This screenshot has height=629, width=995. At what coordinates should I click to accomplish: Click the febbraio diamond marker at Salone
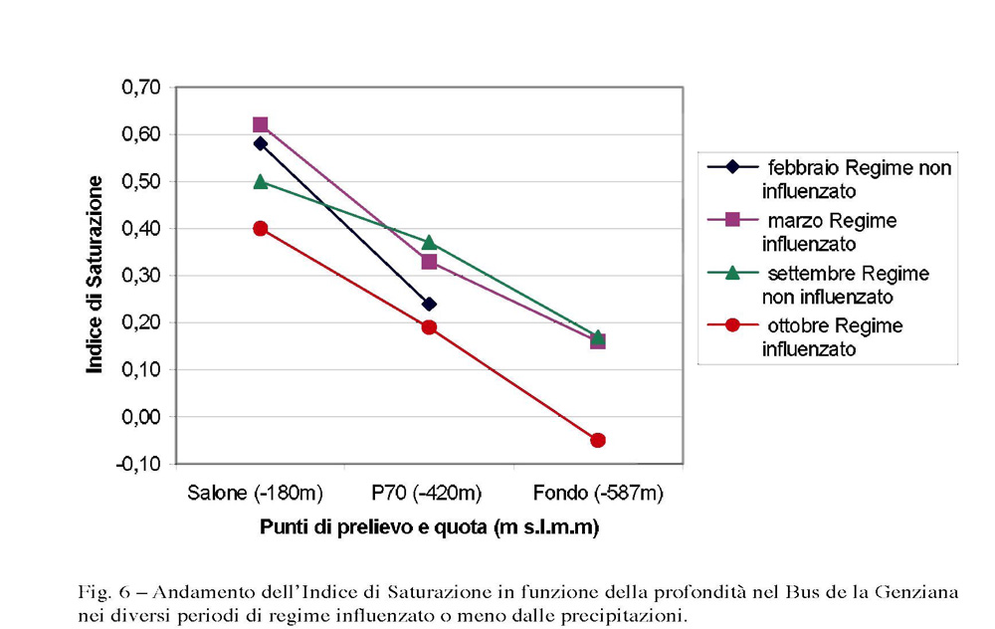point(261,143)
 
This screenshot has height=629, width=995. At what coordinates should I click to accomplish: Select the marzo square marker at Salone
point(261,124)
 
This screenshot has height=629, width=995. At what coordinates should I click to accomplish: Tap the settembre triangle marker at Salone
point(261,181)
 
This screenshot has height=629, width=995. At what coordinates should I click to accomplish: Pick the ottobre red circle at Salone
point(261,228)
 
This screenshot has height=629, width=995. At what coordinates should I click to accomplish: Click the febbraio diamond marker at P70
point(429,304)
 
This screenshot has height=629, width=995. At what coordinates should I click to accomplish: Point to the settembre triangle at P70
point(429,242)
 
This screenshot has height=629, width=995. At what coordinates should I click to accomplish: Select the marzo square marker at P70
point(429,262)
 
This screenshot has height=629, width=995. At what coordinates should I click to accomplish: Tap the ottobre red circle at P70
point(429,327)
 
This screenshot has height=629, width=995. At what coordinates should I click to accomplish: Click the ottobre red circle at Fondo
point(598,440)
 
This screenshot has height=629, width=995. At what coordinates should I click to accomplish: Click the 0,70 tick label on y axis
point(140,88)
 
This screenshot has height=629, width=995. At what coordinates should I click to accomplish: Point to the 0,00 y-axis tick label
point(140,417)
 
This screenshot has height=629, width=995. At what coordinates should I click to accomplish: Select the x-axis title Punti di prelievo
point(429,527)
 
